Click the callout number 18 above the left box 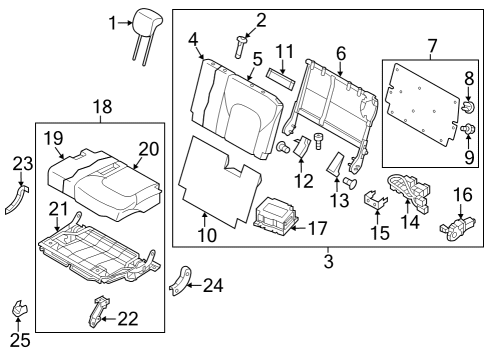coord(103,107)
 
